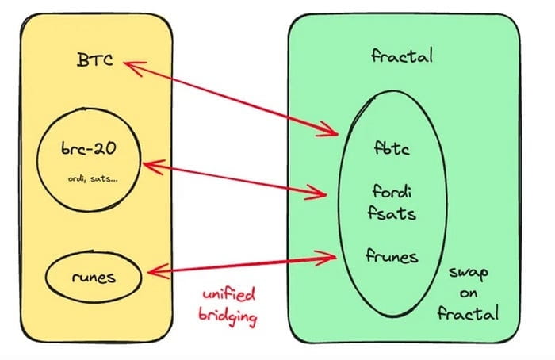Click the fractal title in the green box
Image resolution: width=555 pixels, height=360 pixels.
(400, 57)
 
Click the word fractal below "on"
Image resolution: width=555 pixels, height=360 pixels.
(469, 313)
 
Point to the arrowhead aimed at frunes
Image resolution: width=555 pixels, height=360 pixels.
(328, 255)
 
